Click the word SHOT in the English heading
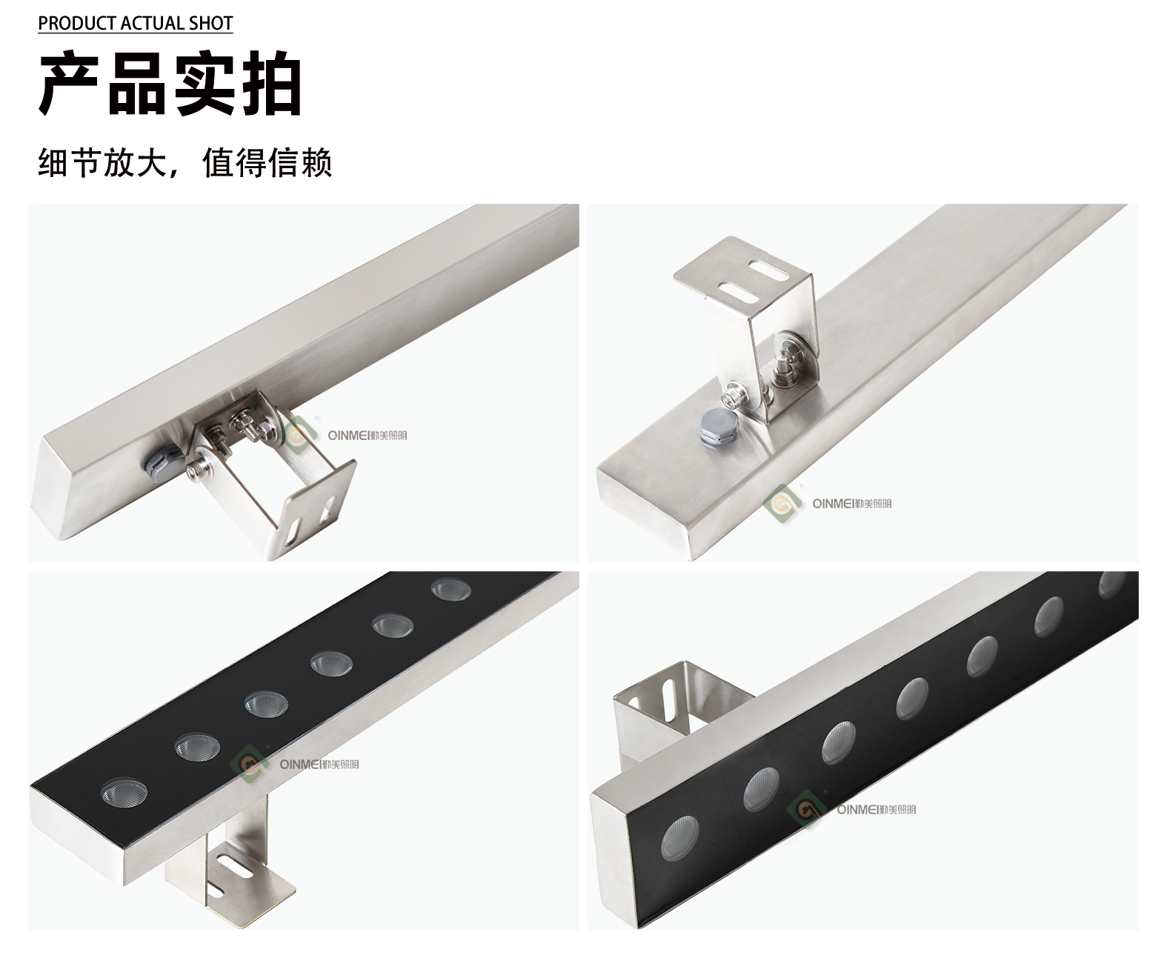pyautogui.click(x=211, y=23)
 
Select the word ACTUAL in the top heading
pyautogui.click(x=153, y=23)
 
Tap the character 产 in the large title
pyautogui.click(x=70, y=83)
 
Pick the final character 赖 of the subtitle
pyautogui.click(x=316, y=163)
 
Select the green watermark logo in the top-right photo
pyautogui.click(x=782, y=504)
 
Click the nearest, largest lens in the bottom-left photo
pyautogui.click(x=124, y=792)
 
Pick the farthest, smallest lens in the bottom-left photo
pyautogui.click(x=451, y=589)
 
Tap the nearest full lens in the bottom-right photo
pyautogui.click(x=680, y=842)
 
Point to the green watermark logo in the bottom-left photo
pyautogui.click(x=249, y=765)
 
